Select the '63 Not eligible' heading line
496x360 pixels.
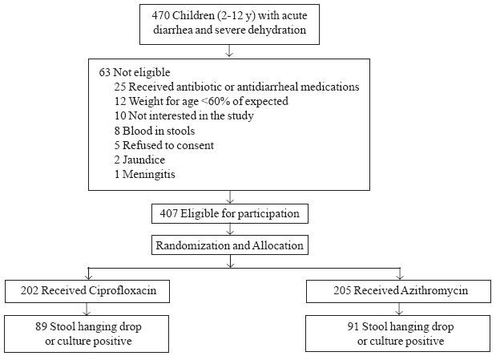[x=135, y=72]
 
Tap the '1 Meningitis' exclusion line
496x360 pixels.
[x=144, y=174]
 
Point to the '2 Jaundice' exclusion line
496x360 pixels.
[x=139, y=160]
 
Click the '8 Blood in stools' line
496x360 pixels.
[x=155, y=131]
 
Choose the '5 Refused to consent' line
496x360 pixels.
[x=163, y=145]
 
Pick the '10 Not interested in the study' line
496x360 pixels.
[x=183, y=116]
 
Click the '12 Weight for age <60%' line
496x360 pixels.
[x=201, y=101]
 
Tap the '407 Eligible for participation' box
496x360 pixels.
[x=230, y=214]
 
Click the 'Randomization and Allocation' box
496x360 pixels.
[x=230, y=245]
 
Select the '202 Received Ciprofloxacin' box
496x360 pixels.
[x=87, y=291]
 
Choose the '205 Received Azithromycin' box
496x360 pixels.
[x=398, y=291]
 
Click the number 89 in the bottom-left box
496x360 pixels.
[x=41, y=326]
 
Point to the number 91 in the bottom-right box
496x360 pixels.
[x=353, y=326]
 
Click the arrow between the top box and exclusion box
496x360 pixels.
[x=229, y=51]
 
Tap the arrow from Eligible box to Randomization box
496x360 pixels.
[x=230, y=229]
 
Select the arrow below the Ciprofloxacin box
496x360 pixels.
[x=87, y=309]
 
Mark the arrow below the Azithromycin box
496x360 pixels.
[x=400, y=309]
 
